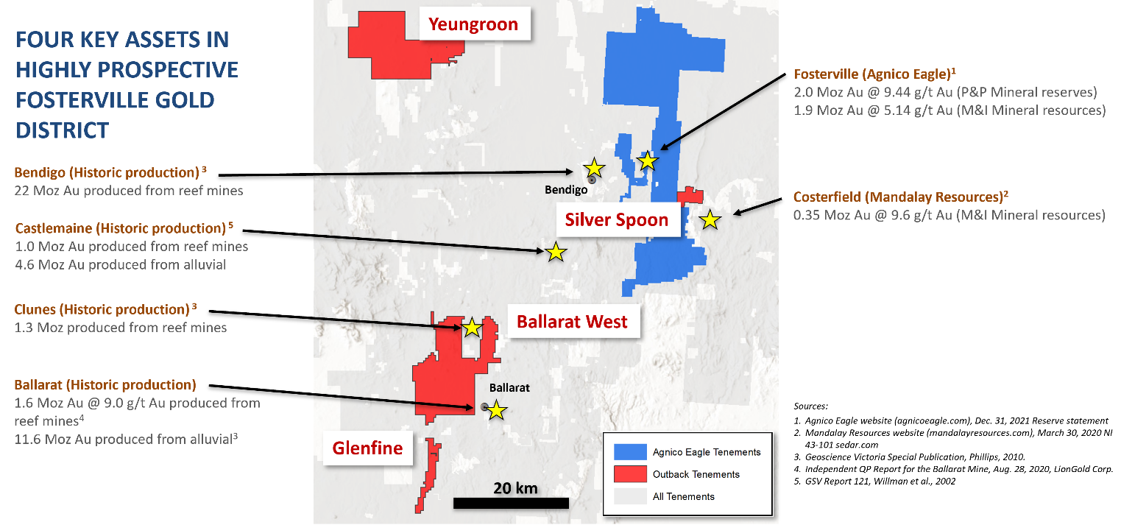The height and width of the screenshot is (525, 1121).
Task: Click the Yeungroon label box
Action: point(473,24)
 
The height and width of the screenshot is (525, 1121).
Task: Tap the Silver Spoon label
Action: point(617,219)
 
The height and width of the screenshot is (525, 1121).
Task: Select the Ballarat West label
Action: point(572,322)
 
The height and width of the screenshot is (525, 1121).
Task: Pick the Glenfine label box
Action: point(367,448)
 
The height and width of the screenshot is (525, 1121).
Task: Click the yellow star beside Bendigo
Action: point(594,168)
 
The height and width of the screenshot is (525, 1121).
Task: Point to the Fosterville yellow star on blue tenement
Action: point(647,161)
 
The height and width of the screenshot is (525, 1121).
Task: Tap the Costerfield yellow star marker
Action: point(710,219)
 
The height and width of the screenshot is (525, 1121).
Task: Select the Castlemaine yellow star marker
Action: point(556,252)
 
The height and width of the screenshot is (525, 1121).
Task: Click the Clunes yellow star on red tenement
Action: point(471,327)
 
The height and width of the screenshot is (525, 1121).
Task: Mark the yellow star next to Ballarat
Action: point(497,410)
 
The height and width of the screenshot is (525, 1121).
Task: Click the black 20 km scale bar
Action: point(511,504)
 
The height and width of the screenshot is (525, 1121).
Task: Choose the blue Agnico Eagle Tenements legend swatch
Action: point(629,451)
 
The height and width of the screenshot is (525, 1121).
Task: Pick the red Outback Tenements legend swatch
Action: point(629,474)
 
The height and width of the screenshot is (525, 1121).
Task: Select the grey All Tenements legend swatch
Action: point(629,496)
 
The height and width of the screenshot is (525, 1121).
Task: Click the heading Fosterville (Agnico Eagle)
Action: point(871,74)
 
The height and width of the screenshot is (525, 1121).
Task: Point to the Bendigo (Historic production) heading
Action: point(107,172)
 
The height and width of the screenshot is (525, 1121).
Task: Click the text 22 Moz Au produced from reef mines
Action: point(129,190)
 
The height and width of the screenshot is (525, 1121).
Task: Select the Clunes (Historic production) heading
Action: point(102,309)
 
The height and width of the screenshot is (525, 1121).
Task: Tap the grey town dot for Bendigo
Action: point(591,179)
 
